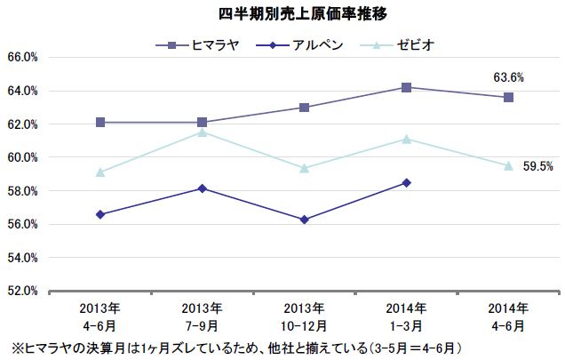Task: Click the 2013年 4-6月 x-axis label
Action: coord(100,316)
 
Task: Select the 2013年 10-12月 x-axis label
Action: coord(305,316)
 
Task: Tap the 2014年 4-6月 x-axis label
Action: coord(508,316)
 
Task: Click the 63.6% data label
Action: coord(508,78)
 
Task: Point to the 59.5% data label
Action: coord(538,165)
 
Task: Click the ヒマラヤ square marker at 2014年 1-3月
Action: coord(406,87)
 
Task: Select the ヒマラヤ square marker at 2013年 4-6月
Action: coord(100,122)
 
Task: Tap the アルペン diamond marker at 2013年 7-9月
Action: coord(203,188)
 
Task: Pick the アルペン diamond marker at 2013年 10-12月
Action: coord(305,220)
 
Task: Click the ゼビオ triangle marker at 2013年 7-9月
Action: coord(203,132)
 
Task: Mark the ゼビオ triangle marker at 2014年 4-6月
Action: coord(508,165)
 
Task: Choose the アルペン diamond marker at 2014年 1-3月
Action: coord(406,182)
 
